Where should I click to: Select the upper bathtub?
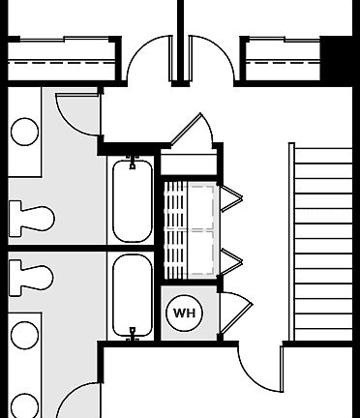(131, 201)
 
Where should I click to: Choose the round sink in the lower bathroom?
(24, 337)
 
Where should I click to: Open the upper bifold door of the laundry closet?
(232, 198)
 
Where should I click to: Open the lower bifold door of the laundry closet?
(232, 259)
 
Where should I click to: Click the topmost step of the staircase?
(323, 157)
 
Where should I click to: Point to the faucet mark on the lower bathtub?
(131, 333)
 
